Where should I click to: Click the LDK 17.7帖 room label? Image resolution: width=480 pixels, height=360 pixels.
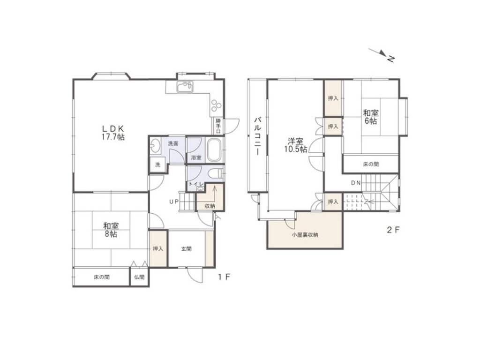(x=113, y=132)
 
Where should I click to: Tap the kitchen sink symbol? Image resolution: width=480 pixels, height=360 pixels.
(x=185, y=87)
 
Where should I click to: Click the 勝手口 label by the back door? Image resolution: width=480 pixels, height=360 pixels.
(x=218, y=126)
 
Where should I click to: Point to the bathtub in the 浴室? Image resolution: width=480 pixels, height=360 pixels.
(x=214, y=150)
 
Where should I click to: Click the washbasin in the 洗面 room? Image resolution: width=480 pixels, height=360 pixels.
(x=155, y=146)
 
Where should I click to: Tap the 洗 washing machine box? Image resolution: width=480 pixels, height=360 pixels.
(x=157, y=165)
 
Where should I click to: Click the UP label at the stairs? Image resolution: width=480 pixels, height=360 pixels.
(x=174, y=202)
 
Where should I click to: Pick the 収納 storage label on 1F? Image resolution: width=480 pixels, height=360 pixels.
(x=210, y=206)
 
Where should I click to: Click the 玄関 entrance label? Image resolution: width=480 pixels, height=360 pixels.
(x=186, y=249)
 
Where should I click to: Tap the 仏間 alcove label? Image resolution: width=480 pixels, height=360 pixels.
(x=139, y=277)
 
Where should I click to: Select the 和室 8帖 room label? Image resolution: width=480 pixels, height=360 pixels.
(x=111, y=230)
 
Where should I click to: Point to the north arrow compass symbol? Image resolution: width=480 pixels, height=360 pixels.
(x=382, y=55)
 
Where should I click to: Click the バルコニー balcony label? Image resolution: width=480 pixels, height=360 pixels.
(x=257, y=136)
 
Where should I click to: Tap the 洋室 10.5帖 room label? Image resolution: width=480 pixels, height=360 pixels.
(x=295, y=145)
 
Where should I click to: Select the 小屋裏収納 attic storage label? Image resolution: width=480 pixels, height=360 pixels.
(x=305, y=235)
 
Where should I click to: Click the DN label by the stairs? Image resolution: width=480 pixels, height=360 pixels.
(x=356, y=183)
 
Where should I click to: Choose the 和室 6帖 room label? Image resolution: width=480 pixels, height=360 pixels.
(x=371, y=117)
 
